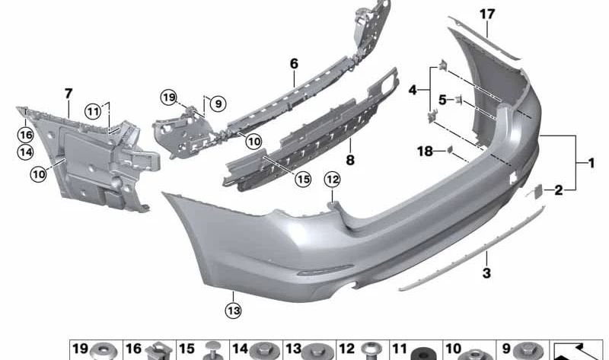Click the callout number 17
tap(487, 14)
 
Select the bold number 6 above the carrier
tap(294, 63)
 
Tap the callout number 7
tap(69, 94)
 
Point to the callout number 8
tap(350, 160)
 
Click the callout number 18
tap(425, 151)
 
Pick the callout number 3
tap(486, 272)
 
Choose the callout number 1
tap(591, 163)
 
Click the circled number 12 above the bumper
tap(333, 180)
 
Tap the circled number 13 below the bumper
tap(234, 311)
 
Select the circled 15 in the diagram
tap(303, 179)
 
